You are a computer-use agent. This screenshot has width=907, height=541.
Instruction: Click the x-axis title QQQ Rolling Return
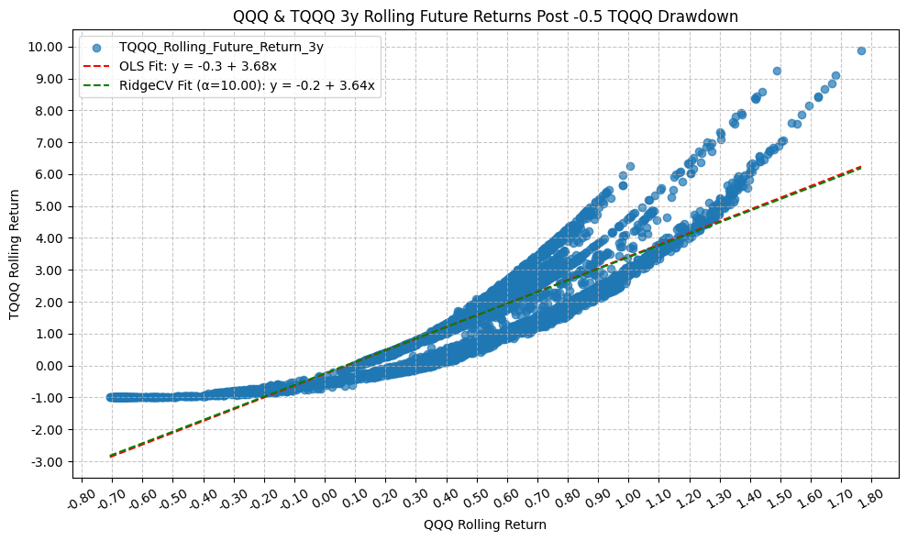485,524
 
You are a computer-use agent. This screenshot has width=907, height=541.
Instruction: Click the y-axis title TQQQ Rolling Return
14,254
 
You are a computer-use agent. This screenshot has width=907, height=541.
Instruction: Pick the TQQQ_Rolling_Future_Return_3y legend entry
221,47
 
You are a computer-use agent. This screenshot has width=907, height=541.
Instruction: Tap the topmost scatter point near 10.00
861,51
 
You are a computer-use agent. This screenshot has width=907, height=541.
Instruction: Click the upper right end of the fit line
859,167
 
